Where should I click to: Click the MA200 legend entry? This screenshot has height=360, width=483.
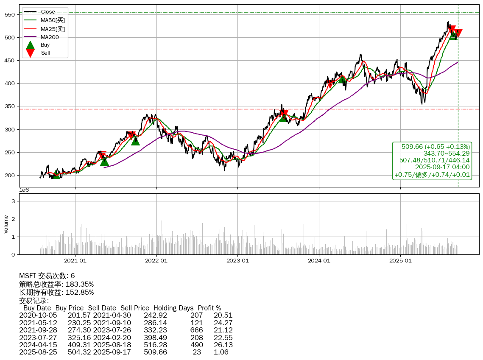50,37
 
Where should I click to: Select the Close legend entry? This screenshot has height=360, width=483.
48,12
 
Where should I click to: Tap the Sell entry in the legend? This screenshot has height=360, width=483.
45,53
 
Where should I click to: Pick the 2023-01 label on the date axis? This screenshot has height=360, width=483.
238,260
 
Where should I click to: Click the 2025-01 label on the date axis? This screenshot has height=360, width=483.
401,260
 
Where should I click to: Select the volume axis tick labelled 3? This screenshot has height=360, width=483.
14,201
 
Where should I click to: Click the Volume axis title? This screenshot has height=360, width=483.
6,224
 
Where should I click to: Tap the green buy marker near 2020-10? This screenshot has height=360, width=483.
56,174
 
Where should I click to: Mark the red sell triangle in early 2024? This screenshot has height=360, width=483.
330,84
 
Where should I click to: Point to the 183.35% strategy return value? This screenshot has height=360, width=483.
79,284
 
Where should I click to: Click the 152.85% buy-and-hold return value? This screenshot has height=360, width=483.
79,292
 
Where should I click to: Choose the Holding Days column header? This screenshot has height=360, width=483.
173,308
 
